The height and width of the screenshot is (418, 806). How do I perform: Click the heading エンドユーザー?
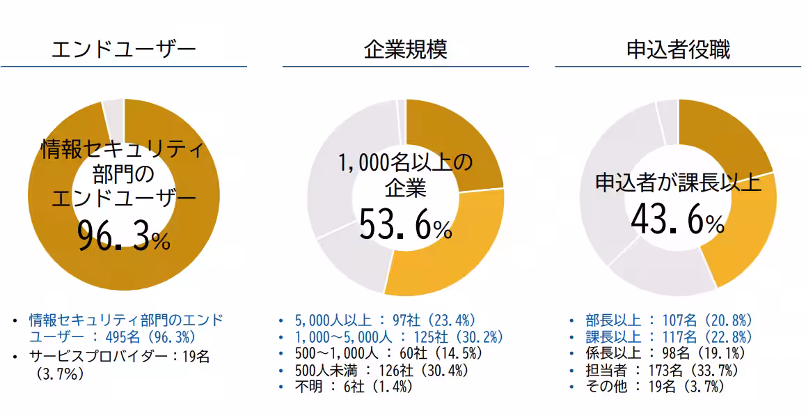pyautogui.click(x=124, y=49)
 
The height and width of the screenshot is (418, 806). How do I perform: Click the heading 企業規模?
pyautogui.click(x=405, y=49)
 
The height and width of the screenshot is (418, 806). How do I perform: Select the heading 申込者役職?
pyautogui.click(x=678, y=49)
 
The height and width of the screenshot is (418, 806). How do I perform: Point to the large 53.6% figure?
pyautogui.click(x=405, y=225)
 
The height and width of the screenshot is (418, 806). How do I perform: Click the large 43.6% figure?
pyautogui.click(x=678, y=220)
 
